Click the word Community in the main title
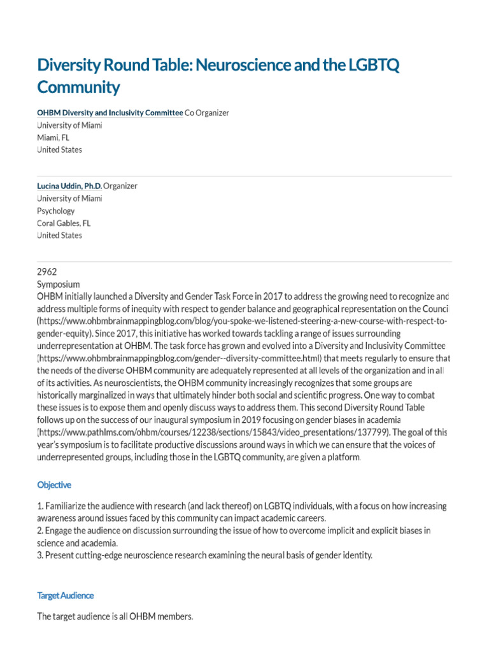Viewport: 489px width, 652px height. (78, 87)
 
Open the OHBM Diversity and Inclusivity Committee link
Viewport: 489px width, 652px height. (110, 113)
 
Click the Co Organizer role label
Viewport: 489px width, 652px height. (207, 113)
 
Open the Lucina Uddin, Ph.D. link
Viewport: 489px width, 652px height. (69, 186)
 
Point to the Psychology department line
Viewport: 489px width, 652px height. (56, 211)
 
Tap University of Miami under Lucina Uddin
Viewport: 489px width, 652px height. (69, 198)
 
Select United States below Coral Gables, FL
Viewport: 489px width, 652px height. (60, 236)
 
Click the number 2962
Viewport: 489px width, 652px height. (48, 271)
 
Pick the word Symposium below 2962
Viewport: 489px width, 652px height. (59, 283)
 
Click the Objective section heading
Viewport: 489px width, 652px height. (54, 485)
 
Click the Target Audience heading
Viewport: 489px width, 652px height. (66, 595)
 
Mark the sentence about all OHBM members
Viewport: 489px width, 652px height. (115, 616)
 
